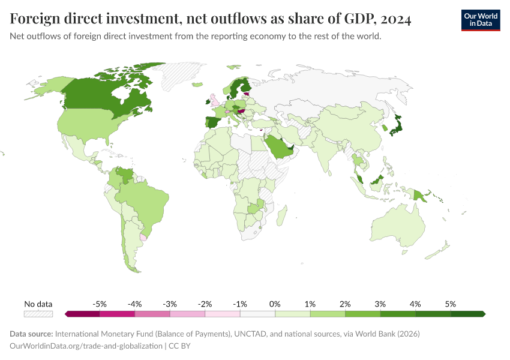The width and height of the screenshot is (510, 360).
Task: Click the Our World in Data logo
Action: (x=480, y=19)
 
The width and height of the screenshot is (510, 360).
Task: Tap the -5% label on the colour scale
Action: (x=100, y=304)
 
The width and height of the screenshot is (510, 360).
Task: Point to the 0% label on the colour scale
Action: (x=275, y=304)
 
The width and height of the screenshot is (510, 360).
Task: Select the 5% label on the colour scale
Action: (x=451, y=304)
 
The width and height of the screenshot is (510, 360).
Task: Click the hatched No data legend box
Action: (x=38, y=314)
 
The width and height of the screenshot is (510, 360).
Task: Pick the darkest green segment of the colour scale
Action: (x=468, y=314)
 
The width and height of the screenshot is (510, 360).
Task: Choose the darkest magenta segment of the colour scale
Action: (x=82, y=314)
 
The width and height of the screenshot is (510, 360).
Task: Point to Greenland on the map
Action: (x=180, y=75)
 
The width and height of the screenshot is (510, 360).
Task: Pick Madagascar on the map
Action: (x=280, y=213)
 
